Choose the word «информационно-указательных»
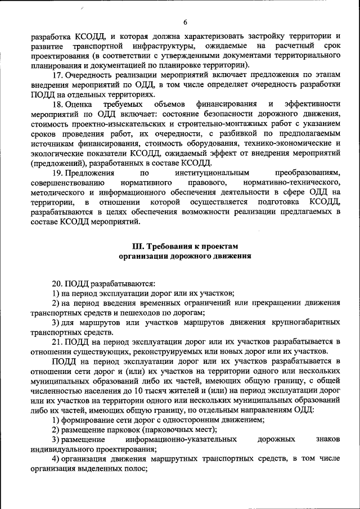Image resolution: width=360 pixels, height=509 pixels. click(x=181, y=439)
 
